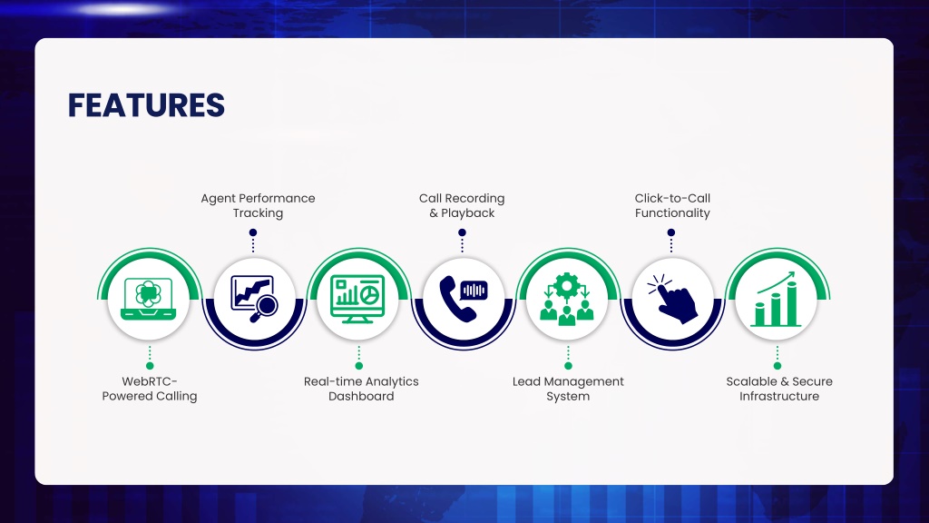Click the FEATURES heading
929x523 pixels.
[x=146, y=105]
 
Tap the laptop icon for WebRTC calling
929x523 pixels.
[x=148, y=299]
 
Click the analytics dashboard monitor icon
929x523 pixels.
[x=357, y=299]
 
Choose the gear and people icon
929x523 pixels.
[x=567, y=299]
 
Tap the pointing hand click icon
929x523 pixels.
[x=672, y=299]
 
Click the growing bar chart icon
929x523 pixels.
[x=777, y=299]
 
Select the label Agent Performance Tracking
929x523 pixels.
[x=258, y=205]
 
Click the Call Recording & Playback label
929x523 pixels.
[x=462, y=205]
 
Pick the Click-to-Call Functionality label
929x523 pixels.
[x=672, y=205]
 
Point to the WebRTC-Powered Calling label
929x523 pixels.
[x=150, y=389]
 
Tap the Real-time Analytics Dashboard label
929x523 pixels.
[x=361, y=389]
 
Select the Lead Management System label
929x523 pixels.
[x=568, y=389]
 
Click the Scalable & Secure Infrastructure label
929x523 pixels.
[x=779, y=389]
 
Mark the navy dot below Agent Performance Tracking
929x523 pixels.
[x=253, y=232]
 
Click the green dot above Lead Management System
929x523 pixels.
[x=568, y=366]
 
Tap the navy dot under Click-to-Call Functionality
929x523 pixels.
[x=671, y=232]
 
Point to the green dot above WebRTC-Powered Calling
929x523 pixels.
[x=150, y=366]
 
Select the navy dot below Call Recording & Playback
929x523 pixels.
[x=462, y=232]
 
